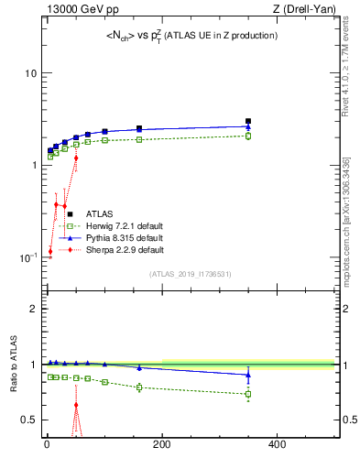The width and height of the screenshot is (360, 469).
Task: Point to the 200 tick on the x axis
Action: coord(162,445)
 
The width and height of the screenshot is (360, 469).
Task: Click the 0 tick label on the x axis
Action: coord(47,445)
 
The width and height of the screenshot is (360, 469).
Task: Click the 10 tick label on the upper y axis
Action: coord(30,72)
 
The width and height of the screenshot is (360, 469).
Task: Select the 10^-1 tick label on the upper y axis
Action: coord(27,256)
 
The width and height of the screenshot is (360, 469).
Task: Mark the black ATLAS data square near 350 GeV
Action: coord(248,120)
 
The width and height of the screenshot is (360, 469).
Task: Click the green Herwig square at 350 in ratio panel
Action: coord(248,395)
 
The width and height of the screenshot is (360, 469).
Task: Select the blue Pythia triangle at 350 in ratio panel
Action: coord(248,375)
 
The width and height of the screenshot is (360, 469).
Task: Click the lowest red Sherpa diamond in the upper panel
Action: coord(50,251)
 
